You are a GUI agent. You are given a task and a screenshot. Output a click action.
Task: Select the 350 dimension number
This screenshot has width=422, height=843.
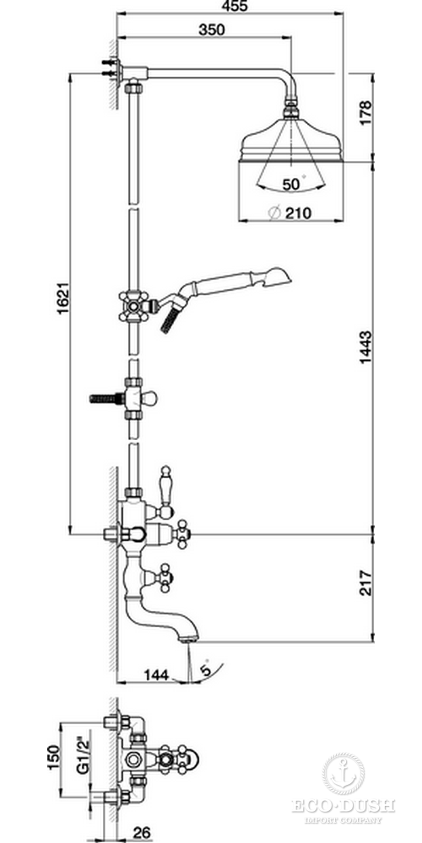click(x=212, y=30)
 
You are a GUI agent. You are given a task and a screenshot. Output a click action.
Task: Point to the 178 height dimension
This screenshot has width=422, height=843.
click(x=365, y=113)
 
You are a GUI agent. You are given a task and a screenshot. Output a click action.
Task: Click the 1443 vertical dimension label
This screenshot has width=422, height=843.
click(x=365, y=347)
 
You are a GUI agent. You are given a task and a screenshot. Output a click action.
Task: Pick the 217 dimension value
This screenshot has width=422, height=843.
click(x=365, y=583)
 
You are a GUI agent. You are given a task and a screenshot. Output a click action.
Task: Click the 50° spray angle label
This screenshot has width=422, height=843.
click(x=294, y=184)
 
